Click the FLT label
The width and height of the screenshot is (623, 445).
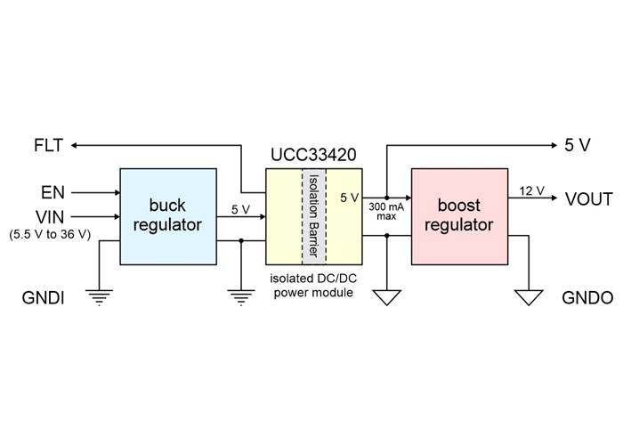click(x=48, y=145)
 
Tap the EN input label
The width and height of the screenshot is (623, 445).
click(x=53, y=193)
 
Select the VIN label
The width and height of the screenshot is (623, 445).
click(x=50, y=217)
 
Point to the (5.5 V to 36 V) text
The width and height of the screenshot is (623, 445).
click(x=50, y=234)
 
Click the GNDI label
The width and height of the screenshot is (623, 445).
click(x=43, y=297)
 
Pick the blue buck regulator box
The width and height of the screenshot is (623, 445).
click(x=168, y=216)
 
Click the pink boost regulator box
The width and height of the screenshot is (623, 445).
click(x=460, y=216)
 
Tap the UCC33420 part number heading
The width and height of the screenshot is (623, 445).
click(x=313, y=155)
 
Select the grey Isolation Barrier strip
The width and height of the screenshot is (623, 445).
click(x=314, y=216)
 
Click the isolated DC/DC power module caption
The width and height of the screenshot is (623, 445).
click(x=313, y=286)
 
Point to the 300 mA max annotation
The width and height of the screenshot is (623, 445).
click(x=386, y=212)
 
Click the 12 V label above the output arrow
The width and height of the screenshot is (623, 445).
click(x=531, y=191)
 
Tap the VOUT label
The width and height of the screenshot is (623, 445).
click(x=589, y=199)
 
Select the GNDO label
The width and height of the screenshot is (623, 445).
click(x=587, y=297)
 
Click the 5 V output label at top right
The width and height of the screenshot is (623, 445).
click(x=578, y=145)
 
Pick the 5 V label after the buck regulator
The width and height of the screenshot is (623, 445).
click(x=241, y=209)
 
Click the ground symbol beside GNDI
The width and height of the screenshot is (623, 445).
click(x=99, y=297)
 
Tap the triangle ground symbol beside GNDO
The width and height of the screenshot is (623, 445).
click(x=529, y=297)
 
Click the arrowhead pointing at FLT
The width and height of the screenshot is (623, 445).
click(x=74, y=145)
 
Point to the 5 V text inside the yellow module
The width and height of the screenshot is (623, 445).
click(x=350, y=198)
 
